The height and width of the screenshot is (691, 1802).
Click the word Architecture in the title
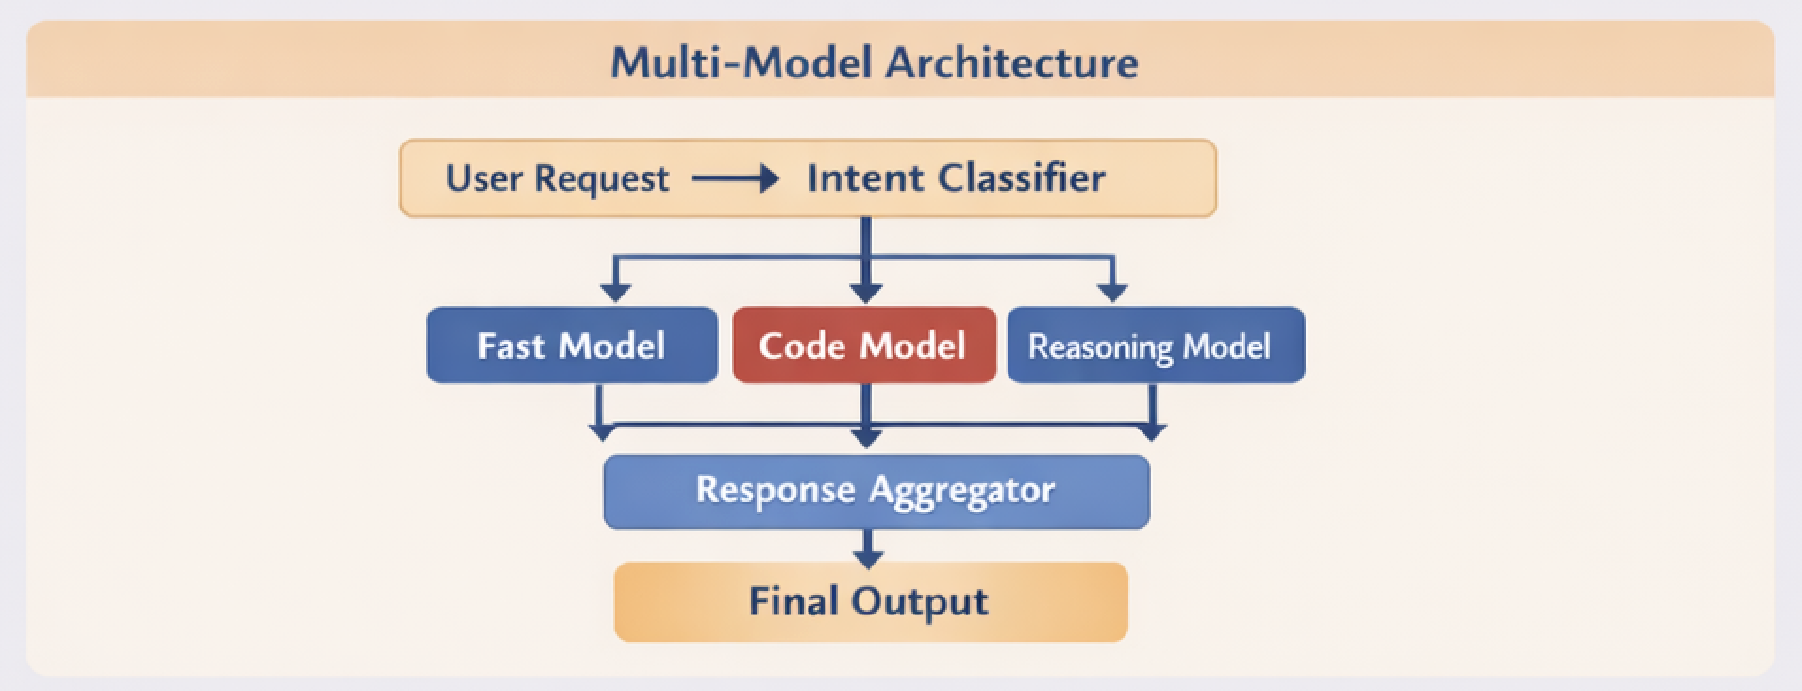[1010, 63]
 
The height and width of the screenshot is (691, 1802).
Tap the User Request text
[557, 178]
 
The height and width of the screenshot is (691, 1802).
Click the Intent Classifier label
[956, 178]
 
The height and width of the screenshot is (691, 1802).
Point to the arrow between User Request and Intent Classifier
[736, 178]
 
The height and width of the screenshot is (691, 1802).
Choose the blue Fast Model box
[572, 345]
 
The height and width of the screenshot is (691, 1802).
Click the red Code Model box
[863, 345]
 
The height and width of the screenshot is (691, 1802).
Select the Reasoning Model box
[1155, 345]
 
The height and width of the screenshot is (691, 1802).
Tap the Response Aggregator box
[876, 491]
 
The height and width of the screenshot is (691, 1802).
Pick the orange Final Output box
[870, 602]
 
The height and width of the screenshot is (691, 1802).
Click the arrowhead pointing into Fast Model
[615, 293]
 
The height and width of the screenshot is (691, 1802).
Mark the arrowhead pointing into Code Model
[866, 293]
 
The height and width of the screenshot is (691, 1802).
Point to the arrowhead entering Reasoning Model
[1113, 293]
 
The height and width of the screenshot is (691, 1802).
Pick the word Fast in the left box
[510, 345]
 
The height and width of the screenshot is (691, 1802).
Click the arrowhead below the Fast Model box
[601, 432]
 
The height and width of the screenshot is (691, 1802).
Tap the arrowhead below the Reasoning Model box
[1152, 432]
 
